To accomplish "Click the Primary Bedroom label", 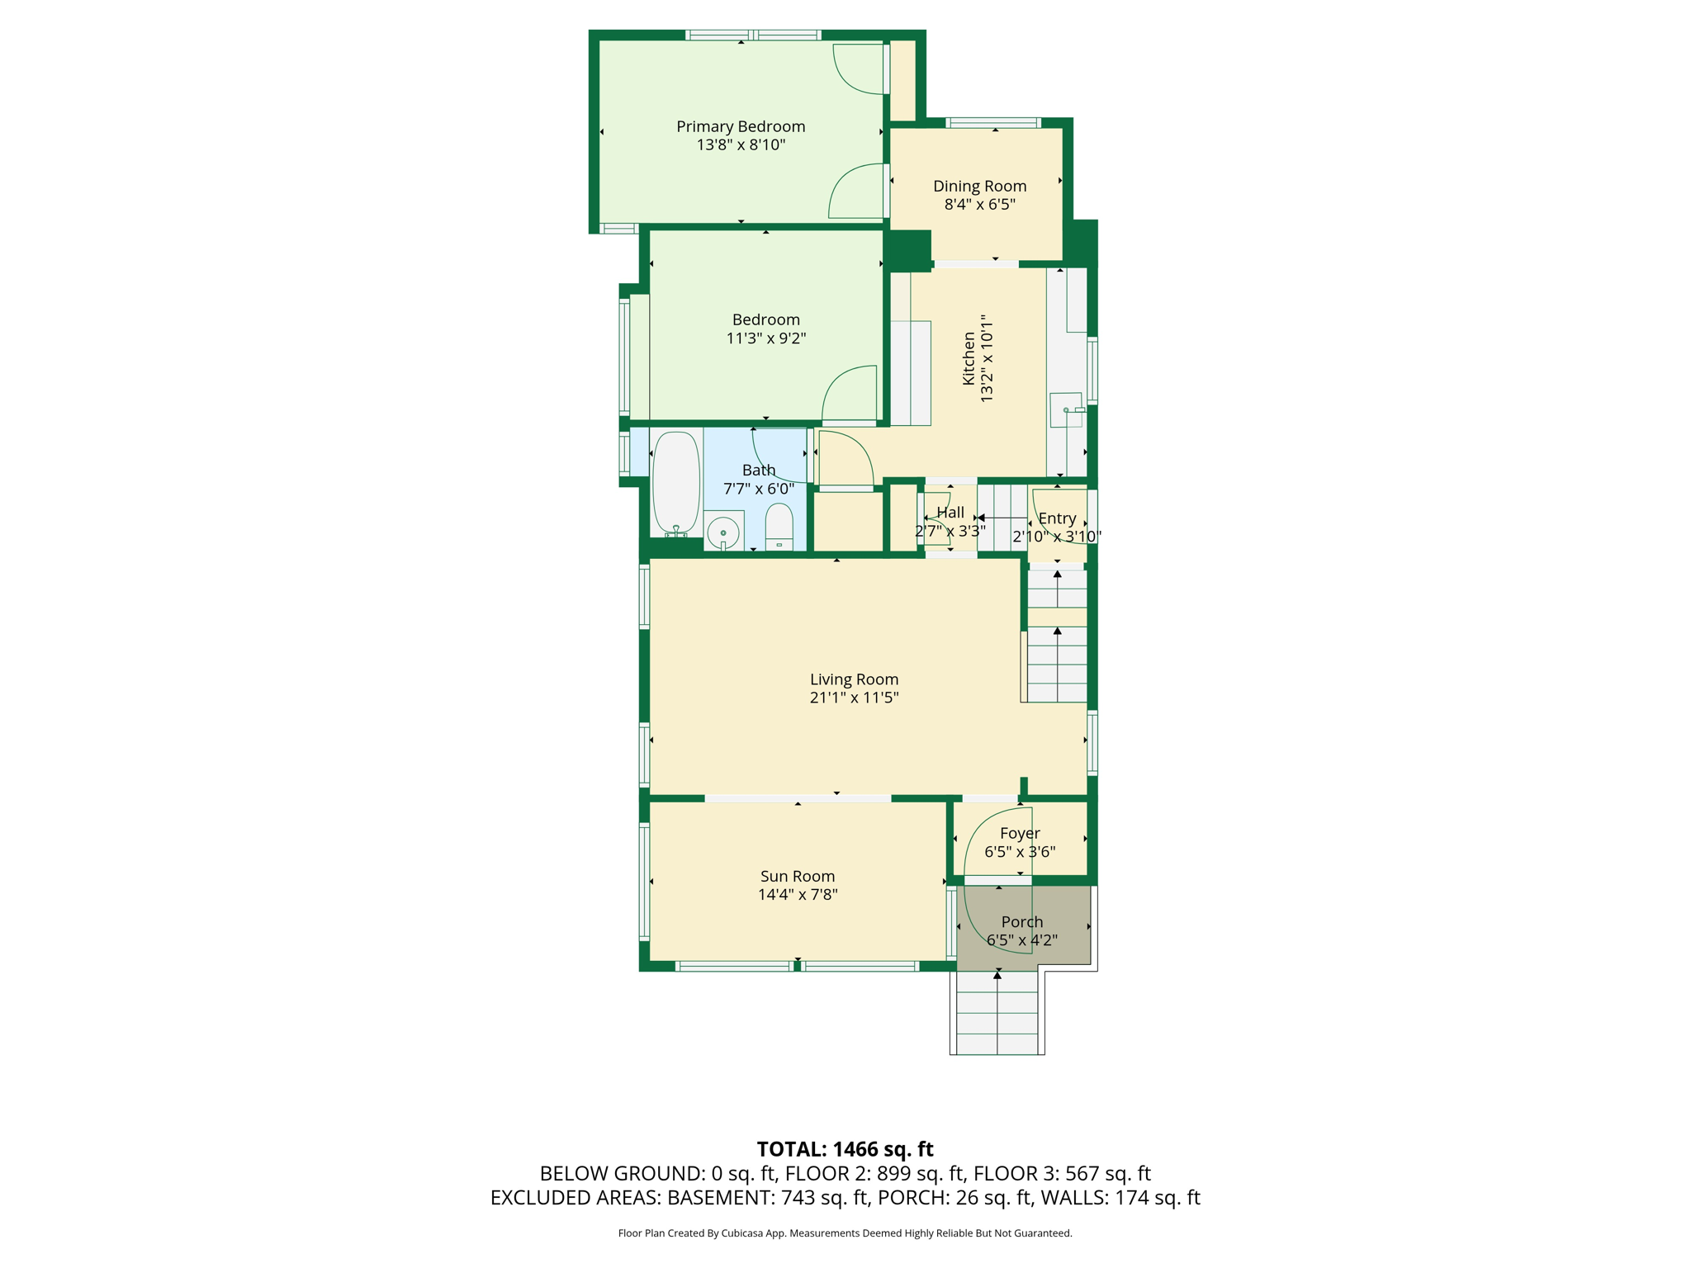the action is click(741, 126).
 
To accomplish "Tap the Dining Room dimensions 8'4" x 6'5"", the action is click(979, 204).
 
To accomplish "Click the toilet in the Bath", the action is click(779, 526).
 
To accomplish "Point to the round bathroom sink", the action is click(723, 532).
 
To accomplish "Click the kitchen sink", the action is click(1066, 409).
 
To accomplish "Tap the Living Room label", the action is click(854, 679).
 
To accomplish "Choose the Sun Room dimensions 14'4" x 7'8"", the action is click(798, 894).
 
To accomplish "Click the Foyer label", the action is click(1020, 834).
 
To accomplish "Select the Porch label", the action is click(1022, 922).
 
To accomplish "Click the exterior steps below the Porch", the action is click(997, 1012).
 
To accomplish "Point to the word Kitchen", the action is click(969, 358).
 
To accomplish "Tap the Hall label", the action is click(950, 513).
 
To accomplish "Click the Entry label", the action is click(1057, 518).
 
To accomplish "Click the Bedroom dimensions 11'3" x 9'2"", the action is click(766, 338).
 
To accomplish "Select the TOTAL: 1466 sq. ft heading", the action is click(845, 1149).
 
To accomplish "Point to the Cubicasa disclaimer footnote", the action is click(845, 1233).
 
